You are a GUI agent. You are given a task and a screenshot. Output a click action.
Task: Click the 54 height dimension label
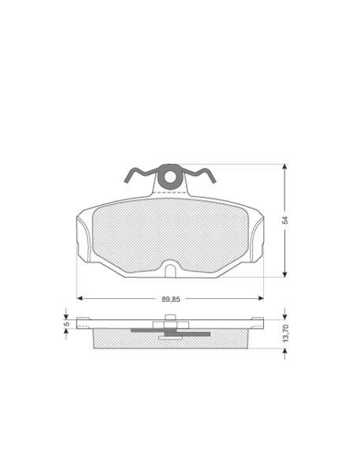point(285,220)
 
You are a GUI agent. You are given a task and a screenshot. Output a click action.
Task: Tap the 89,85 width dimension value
point(171,300)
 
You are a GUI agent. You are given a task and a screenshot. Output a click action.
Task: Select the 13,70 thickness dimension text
point(286,333)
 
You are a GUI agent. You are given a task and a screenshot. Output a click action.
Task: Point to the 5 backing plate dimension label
point(67,324)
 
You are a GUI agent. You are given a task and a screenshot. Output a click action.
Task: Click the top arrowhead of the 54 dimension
point(284,167)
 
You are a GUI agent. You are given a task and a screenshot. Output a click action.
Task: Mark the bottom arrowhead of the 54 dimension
point(284,274)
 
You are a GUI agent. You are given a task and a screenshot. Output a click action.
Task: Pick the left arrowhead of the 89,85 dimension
point(80,298)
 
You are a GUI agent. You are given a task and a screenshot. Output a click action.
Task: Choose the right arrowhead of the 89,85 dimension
point(261,298)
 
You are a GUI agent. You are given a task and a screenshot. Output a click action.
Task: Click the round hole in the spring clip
point(170,177)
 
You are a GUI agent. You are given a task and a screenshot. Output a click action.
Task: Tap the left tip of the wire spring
point(125,181)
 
